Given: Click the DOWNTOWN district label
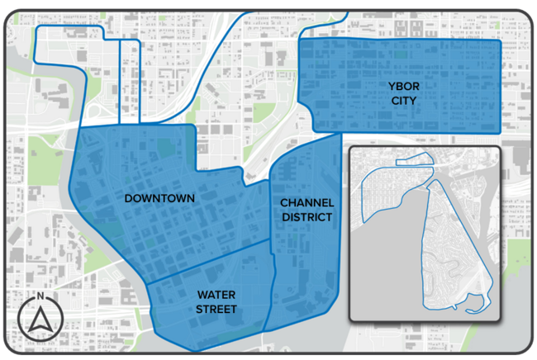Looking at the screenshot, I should [159, 198].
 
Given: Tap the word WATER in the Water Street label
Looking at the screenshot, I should [216, 295].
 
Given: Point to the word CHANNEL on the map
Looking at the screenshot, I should [307, 202].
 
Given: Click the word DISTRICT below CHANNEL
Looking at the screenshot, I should [307, 217].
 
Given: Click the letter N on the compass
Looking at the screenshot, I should [39, 297].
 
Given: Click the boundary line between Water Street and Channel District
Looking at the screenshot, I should [270, 289].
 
